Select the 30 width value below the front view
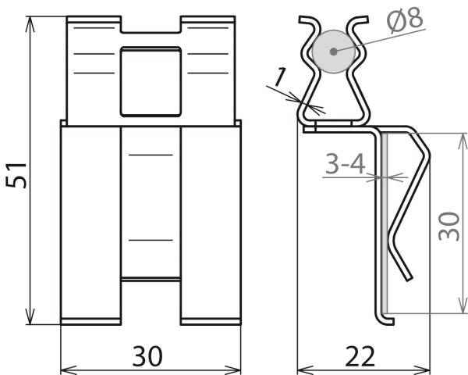[x=147, y=356]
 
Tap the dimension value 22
[x=360, y=356]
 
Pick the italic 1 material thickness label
[x=280, y=77]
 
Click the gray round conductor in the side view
[x=333, y=52]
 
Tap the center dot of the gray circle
[x=333, y=52]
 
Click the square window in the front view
[x=151, y=80]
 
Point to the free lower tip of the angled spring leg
[x=409, y=279]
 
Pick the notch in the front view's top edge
[x=151, y=26]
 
